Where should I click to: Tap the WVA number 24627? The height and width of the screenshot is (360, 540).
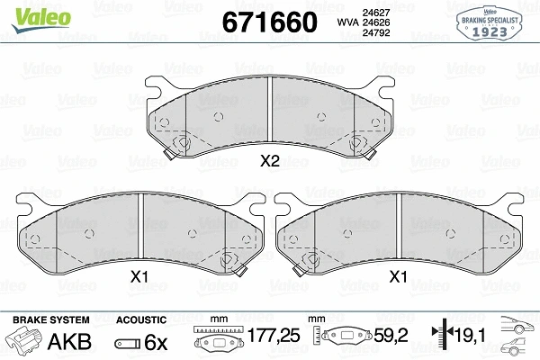click(374, 12)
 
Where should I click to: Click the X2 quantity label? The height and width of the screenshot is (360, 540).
click(270, 162)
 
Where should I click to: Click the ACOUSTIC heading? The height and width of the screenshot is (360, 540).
click(141, 319)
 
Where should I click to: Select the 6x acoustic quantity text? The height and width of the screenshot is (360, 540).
click(157, 343)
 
